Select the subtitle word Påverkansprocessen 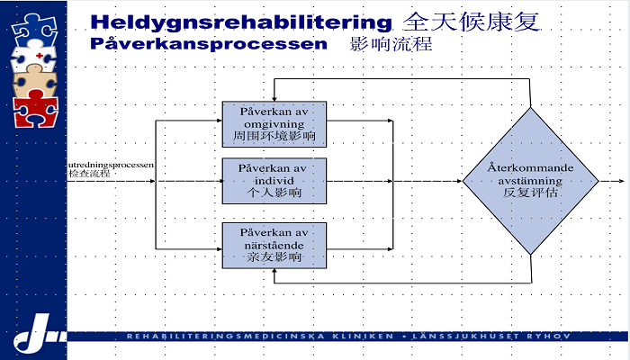[209, 43]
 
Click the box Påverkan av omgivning [274, 123]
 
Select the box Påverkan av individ [274, 181]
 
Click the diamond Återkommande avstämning [530, 180]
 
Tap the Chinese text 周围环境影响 [274, 137]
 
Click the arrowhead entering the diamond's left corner [458, 181]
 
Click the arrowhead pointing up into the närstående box [274, 271]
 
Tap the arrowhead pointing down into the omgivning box [274, 98]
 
